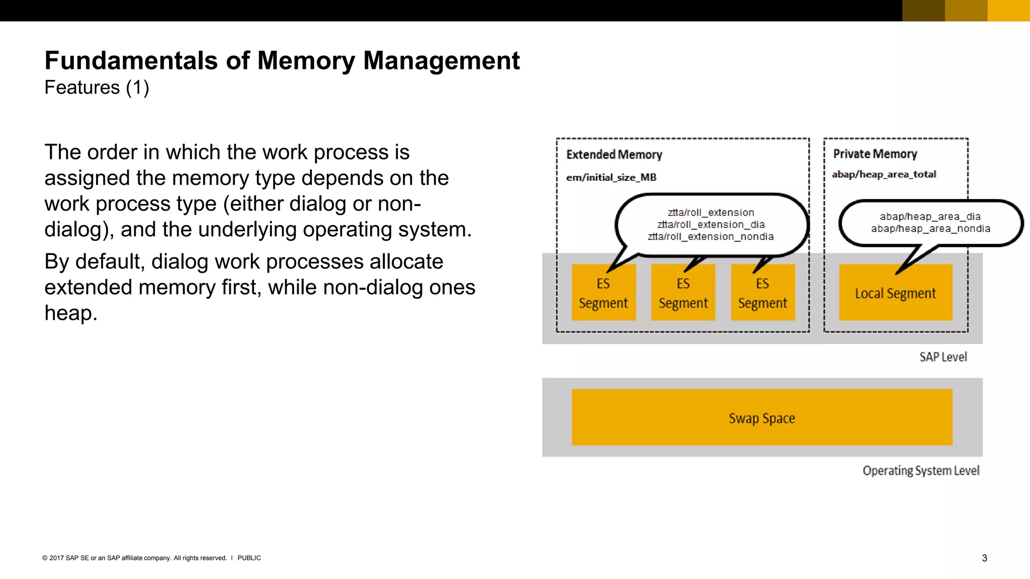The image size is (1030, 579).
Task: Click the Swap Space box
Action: click(762, 418)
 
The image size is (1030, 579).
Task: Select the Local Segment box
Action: click(895, 293)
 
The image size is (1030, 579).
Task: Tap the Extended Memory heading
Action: click(614, 154)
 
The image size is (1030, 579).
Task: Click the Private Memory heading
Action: click(875, 154)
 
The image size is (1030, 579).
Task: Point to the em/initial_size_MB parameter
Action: click(611, 177)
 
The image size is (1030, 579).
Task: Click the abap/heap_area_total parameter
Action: click(884, 174)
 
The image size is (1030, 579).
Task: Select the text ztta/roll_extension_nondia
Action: click(711, 237)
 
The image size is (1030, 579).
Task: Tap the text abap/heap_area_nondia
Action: click(930, 229)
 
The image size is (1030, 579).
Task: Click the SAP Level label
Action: click(943, 357)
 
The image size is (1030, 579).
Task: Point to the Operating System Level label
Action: click(921, 470)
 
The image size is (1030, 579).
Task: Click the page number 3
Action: click(984, 558)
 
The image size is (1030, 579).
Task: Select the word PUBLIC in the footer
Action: click(249, 558)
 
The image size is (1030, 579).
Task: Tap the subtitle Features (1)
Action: click(97, 87)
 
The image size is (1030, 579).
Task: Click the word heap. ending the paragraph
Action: click(70, 313)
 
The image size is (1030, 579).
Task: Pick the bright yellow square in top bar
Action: click(1008, 11)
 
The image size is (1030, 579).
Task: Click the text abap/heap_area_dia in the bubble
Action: click(930, 217)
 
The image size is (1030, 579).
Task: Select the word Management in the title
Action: click(441, 61)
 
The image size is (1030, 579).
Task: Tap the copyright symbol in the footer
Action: click(45, 558)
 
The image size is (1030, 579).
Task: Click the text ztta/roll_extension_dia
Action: click(711, 225)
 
